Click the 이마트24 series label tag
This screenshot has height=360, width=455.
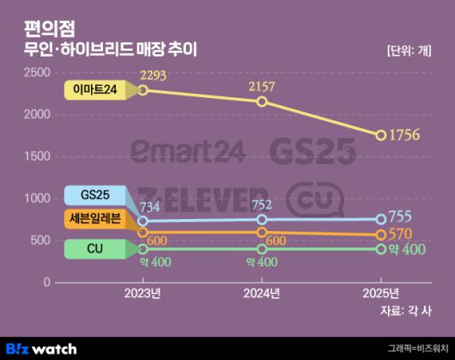pyautogui.click(x=94, y=88)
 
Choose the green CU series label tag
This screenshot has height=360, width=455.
pyautogui.click(x=94, y=249)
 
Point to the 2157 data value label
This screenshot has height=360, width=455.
pyautogui.click(x=262, y=87)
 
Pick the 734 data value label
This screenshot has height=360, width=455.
pyautogui.click(x=149, y=207)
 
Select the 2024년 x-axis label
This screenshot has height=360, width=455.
pyautogui.click(x=262, y=294)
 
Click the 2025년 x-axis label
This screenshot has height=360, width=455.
pyautogui.click(x=381, y=294)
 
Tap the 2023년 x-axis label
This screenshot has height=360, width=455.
pyautogui.click(x=143, y=294)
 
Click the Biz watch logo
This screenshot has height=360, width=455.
pyautogui.click(x=41, y=348)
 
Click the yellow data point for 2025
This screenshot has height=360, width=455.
pyautogui.click(x=381, y=135)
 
